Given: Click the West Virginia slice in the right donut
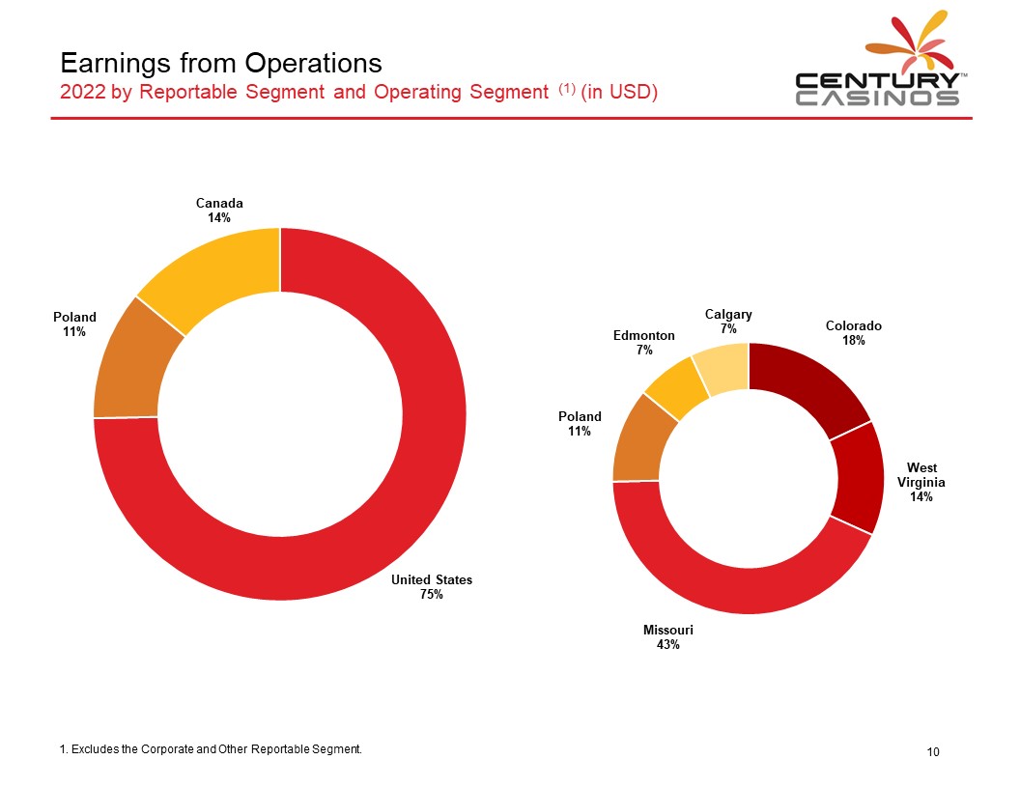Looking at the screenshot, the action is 859,478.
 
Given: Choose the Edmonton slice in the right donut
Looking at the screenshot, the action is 674,390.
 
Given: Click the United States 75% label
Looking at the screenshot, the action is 432,586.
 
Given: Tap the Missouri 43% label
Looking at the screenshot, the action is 668,636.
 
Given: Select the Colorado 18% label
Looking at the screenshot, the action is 854,332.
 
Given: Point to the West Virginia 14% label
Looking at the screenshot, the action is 921,482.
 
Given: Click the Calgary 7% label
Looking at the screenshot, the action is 728,322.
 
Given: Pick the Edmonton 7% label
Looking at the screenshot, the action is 644,342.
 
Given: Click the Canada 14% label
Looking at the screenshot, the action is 219,210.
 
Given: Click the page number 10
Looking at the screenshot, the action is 933,751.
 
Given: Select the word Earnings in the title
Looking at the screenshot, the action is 117,64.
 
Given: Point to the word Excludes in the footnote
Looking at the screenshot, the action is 95,749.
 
